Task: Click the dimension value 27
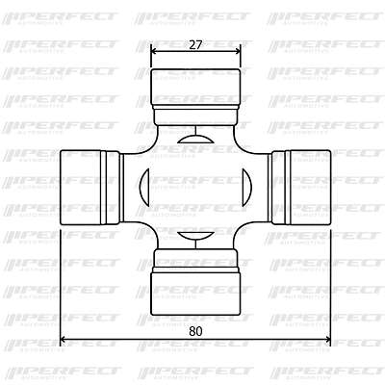(195, 45)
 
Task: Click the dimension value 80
(195, 331)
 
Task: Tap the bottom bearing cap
(195, 292)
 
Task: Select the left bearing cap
(80, 188)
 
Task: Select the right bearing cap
(310, 188)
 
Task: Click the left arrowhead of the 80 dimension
(64, 340)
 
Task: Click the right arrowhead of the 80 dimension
(327, 340)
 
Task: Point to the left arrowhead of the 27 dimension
(154, 51)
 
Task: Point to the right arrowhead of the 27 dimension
(237, 51)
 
